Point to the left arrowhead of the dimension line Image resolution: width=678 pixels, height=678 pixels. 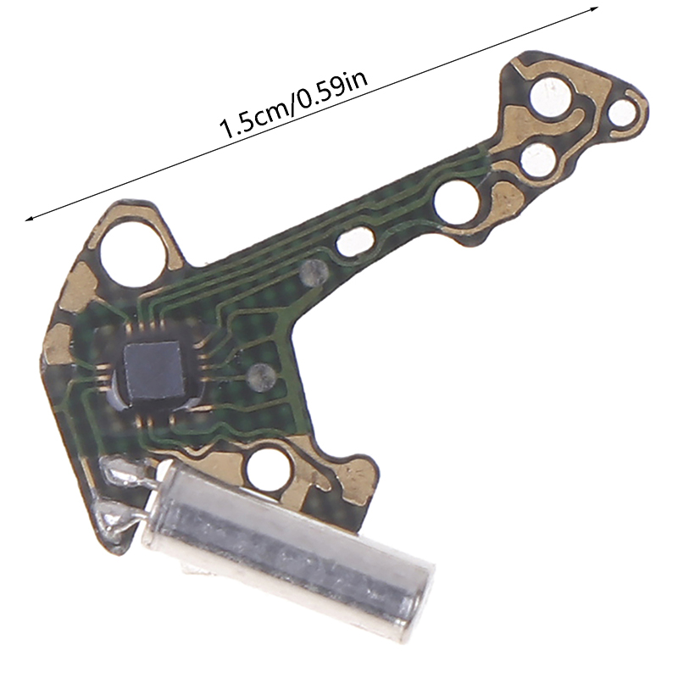pos(30,219)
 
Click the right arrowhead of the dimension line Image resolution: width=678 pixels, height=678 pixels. pos(593,8)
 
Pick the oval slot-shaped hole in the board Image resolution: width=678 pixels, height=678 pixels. pos(354,242)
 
